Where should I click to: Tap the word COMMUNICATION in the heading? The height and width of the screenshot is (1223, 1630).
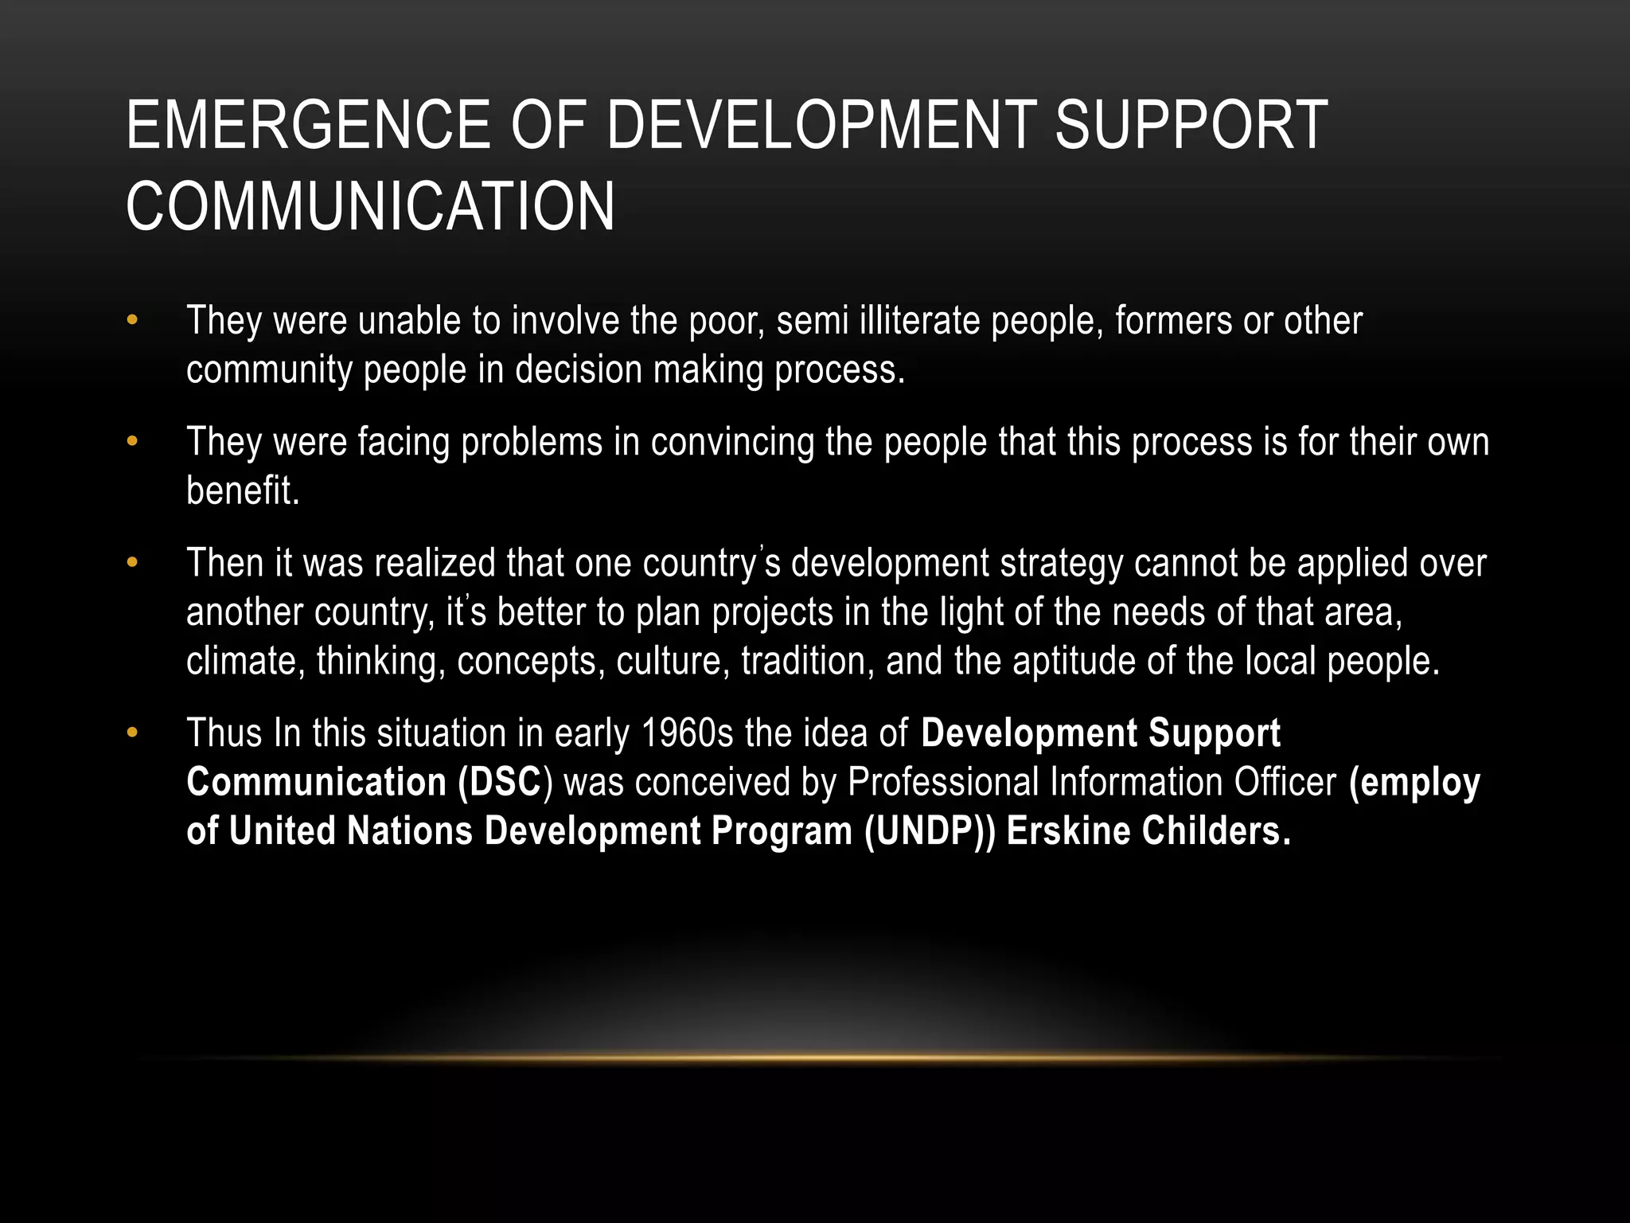tap(370, 206)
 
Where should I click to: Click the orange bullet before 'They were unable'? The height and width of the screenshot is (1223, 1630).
tap(132, 321)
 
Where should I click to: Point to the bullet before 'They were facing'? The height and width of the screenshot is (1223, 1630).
tap(132, 442)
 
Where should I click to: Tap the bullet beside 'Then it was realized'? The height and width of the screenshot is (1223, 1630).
tap(132, 563)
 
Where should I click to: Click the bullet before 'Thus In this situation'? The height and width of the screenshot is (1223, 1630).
tap(132, 733)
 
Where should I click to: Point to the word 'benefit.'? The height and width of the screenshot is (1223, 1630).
tap(243, 490)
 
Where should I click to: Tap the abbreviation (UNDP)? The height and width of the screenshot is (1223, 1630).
tap(930, 831)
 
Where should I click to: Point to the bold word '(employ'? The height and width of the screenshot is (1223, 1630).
tap(1414, 782)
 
